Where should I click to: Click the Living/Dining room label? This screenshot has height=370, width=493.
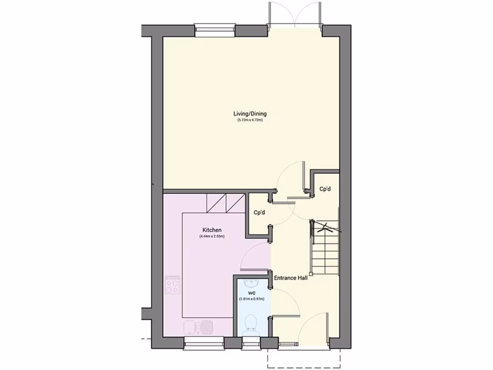250,114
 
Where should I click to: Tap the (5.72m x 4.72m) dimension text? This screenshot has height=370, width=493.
250,120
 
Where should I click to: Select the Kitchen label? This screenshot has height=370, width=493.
212,230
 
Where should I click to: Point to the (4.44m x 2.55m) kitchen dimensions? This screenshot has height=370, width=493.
212,237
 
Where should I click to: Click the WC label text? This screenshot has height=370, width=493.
251,292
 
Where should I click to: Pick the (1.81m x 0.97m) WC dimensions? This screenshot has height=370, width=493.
251,299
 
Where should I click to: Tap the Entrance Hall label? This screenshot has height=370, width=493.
290,278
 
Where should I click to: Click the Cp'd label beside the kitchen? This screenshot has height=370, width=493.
259,212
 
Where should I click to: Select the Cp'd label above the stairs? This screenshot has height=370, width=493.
325,189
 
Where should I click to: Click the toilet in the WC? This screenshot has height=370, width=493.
251,324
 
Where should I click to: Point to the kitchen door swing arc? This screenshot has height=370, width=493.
255,255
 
